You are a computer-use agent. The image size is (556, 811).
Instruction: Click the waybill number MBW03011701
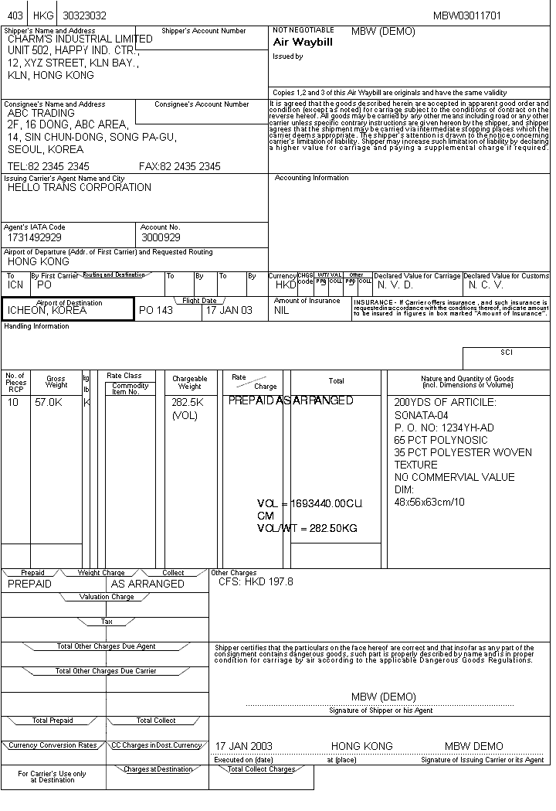point(466,15)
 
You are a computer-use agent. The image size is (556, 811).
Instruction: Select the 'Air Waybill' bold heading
point(303,43)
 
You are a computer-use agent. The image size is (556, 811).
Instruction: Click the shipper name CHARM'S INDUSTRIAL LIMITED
point(80,39)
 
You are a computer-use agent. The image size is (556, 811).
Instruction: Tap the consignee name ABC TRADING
point(41,113)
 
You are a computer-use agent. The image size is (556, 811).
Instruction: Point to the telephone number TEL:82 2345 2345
point(48,166)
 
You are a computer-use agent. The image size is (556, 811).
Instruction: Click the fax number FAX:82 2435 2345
point(179,166)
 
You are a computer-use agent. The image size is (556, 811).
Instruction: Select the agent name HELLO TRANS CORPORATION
point(80,187)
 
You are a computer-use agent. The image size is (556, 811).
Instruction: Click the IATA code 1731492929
point(35,237)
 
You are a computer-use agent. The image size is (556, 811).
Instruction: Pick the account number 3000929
point(161,237)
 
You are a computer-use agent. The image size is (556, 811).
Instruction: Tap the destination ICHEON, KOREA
point(47,310)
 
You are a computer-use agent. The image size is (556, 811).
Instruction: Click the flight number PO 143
point(156,310)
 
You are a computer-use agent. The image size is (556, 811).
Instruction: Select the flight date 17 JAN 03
point(229,310)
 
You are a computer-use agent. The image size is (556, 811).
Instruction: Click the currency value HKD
point(286,285)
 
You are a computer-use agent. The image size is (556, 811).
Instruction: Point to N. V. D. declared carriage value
point(395,285)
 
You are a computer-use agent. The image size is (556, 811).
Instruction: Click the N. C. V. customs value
point(486,285)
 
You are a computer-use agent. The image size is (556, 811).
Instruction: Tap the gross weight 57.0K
point(48,402)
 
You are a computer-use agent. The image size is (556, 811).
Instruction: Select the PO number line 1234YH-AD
point(444,428)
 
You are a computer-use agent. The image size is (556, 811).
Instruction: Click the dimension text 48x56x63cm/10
point(430,502)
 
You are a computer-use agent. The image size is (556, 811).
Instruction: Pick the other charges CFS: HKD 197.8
point(256,581)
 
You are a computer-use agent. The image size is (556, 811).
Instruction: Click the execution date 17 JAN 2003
point(243,746)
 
